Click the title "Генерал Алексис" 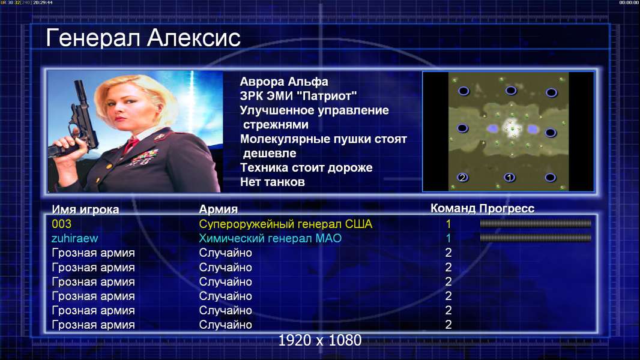click(x=143, y=38)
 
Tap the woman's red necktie click(x=131, y=145)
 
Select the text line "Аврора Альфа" click(x=283, y=82)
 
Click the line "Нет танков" click(x=272, y=182)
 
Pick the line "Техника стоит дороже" click(x=306, y=167)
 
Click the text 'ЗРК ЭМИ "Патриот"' click(x=298, y=96)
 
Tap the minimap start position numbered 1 click(x=509, y=178)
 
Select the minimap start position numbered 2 click(x=462, y=178)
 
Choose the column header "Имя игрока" click(x=85, y=209)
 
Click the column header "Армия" click(x=219, y=209)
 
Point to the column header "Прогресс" click(x=507, y=208)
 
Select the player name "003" click(x=62, y=224)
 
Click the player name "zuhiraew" click(x=74, y=238)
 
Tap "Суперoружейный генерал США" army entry click(x=286, y=224)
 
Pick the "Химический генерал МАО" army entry click(x=270, y=238)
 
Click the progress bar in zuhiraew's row click(x=536, y=238)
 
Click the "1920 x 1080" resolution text click(x=320, y=340)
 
